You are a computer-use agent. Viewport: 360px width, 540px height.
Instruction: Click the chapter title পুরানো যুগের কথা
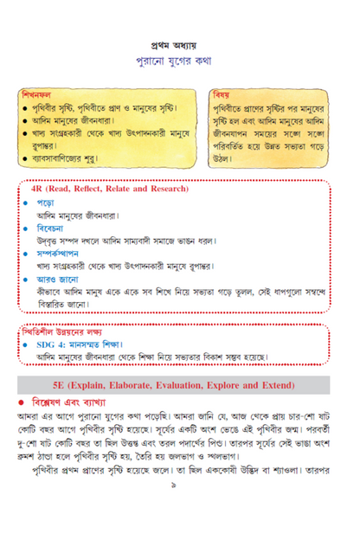179,62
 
